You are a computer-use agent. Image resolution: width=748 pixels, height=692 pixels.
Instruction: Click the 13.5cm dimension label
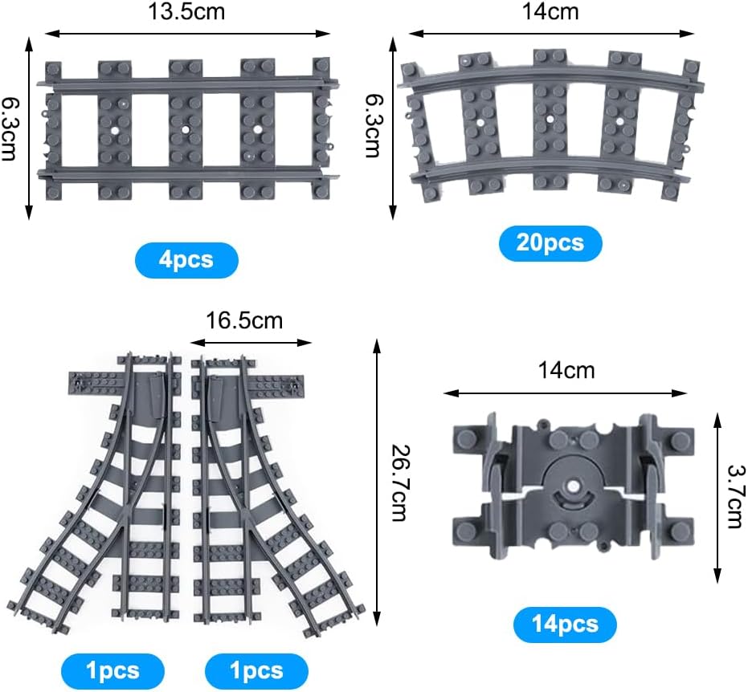[x=186, y=11]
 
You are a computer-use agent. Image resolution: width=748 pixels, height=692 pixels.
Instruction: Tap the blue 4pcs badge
[x=186, y=260]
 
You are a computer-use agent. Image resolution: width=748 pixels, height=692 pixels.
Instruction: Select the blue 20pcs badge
[x=550, y=243]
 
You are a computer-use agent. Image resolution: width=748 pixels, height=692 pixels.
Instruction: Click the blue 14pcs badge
[x=565, y=625]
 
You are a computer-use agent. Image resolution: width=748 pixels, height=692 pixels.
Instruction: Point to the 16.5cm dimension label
[x=244, y=320]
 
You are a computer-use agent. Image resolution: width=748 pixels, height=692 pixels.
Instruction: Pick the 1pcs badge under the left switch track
[x=113, y=671]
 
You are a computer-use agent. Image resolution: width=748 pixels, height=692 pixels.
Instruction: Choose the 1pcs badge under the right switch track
[x=256, y=671]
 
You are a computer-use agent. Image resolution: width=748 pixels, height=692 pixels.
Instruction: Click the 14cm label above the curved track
[x=550, y=11]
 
